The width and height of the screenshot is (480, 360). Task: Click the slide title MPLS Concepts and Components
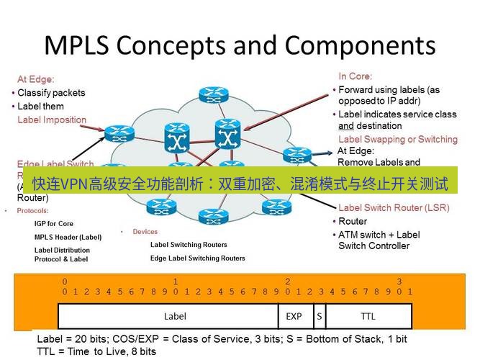240,45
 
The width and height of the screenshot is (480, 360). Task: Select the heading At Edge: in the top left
36,79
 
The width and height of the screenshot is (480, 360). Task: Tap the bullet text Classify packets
51,93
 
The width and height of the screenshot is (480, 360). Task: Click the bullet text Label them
40,107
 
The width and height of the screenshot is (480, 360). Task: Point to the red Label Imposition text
52,120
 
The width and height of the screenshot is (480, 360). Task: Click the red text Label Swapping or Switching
397,139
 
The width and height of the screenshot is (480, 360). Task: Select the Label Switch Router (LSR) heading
393,207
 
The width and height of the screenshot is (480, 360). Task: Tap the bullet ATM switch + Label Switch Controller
379,240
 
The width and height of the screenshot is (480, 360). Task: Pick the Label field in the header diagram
175,316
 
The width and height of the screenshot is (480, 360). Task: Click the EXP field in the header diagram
294,316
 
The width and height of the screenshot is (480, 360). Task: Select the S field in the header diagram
318,316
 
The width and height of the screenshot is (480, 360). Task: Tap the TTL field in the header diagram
368,316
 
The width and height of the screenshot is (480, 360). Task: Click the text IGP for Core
54,224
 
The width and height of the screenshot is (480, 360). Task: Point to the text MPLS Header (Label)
68,237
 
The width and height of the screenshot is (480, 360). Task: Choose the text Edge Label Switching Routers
197,258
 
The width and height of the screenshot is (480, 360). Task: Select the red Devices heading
145,232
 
